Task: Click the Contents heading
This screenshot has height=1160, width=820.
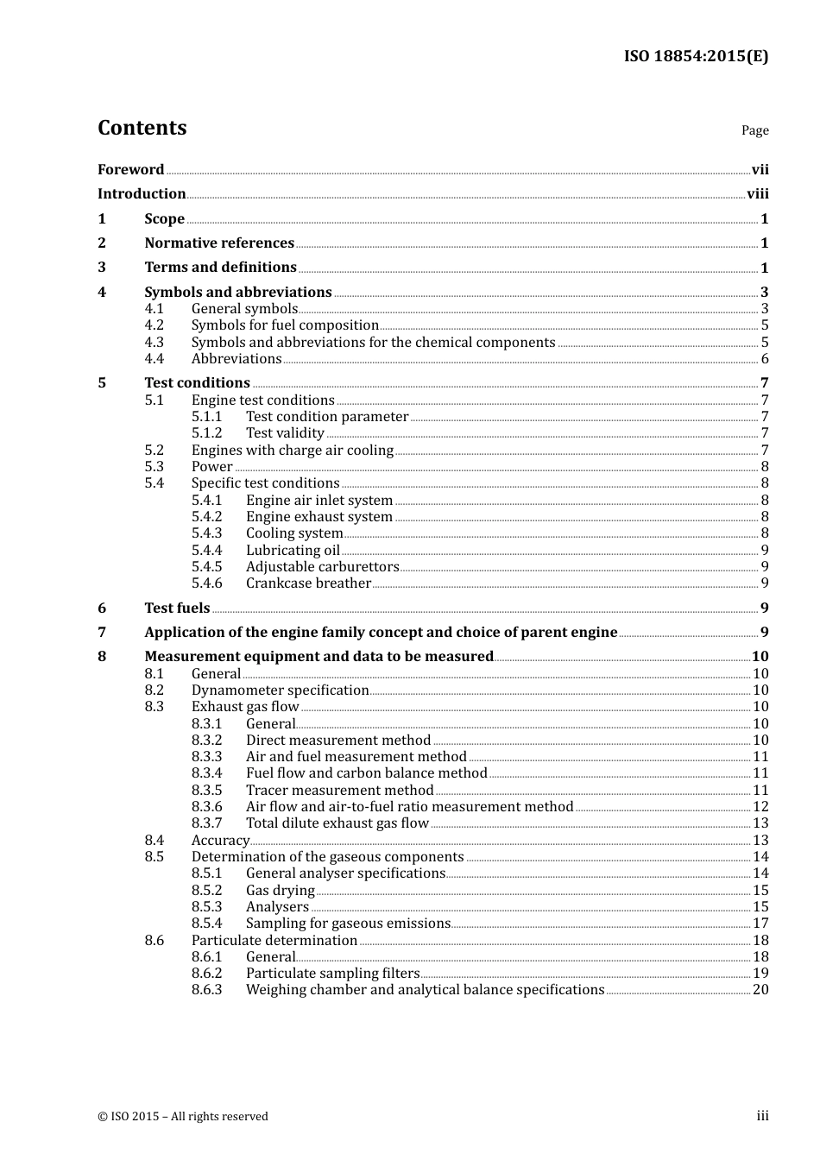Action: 142,128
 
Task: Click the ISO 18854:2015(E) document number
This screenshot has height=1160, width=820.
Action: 696,56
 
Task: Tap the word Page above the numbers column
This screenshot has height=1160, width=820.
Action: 754,130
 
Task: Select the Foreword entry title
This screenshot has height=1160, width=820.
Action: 130,169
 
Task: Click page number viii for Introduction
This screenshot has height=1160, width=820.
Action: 757,194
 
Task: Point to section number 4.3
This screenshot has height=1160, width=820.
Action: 154,342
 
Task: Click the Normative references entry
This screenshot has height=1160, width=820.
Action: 219,243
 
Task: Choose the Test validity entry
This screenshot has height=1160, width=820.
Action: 285,433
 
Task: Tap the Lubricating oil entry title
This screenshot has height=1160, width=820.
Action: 293,550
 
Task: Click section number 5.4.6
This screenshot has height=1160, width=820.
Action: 206,583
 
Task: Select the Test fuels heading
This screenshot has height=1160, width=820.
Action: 177,608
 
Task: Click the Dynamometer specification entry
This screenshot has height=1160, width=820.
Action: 280,690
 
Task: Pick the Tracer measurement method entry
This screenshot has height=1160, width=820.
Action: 339,790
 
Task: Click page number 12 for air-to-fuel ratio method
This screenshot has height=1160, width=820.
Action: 760,807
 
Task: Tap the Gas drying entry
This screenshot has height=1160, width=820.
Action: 280,890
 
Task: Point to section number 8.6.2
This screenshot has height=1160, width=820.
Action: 206,974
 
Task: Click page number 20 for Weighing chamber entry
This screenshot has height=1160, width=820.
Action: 760,990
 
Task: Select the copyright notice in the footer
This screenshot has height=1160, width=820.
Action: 183,1116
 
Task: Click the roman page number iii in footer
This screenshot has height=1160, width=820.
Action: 762,1116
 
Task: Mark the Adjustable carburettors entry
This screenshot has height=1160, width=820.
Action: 322,567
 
